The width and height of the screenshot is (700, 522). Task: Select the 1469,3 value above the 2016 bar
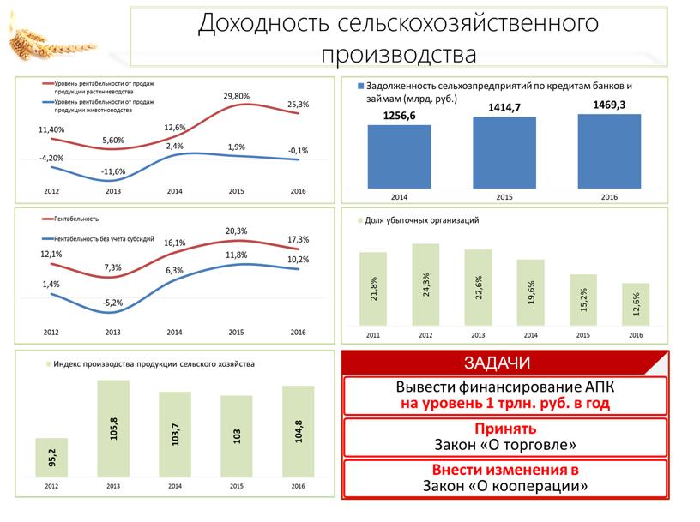click(609, 104)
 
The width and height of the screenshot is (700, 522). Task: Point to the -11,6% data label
click(112, 171)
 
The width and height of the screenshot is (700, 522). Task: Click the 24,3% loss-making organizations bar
click(425, 284)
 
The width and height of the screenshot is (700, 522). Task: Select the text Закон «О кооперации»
click(505, 485)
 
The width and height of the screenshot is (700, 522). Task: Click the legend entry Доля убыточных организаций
click(421, 220)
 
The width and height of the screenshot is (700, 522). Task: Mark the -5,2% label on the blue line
click(112, 303)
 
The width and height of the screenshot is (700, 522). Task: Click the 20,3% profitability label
click(237, 231)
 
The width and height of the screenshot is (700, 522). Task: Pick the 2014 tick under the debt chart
click(399, 198)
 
